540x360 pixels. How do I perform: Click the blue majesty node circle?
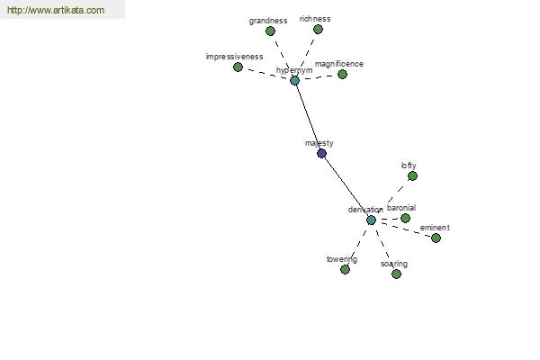pos(321,153)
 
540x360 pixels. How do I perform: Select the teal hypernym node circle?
pos(294,81)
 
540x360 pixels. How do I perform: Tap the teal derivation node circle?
pos(371,220)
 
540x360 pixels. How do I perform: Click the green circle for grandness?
pos(270,31)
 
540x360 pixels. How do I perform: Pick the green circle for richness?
pos(318,30)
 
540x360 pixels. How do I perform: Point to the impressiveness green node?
pos(238,67)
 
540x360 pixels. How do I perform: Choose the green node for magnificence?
pos(342,74)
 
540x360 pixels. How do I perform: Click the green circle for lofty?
pos(412,176)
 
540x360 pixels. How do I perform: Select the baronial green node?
pos(405,218)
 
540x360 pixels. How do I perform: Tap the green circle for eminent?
pos(436,238)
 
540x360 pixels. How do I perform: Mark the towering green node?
pos(345,269)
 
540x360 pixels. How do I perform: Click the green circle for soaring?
pos(396,274)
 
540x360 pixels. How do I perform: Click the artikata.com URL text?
pos(56,10)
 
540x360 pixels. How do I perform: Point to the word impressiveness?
pos(234,57)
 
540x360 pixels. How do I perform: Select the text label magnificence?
pos(339,64)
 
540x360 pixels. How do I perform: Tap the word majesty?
pos(319,143)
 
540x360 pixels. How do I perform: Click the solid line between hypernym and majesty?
pos(308,117)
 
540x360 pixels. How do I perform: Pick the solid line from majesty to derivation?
pos(346,186)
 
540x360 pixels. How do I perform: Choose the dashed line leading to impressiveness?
pos(266,74)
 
